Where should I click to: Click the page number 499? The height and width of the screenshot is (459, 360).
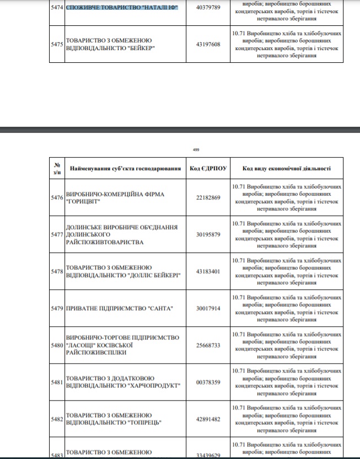(x=196, y=149)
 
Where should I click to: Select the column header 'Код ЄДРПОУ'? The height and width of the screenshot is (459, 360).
(x=208, y=168)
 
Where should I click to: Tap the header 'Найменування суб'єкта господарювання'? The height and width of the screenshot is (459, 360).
(x=125, y=168)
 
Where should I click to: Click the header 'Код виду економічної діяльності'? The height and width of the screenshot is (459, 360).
(x=287, y=168)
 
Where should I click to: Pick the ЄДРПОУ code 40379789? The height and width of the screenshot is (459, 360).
(x=208, y=8)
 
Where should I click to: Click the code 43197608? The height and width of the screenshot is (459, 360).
(x=208, y=44)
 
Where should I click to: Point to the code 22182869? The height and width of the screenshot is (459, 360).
(x=208, y=198)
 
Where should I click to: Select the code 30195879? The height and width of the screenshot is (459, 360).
(x=208, y=235)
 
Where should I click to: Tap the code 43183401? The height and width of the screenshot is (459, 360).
(x=208, y=271)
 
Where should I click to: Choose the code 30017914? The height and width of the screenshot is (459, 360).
(x=208, y=308)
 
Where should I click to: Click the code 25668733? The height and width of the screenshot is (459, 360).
(x=208, y=345)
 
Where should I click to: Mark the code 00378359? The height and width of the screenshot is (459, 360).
(x=208, y=382)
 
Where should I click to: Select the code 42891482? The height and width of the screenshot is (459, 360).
(x=208, y=419)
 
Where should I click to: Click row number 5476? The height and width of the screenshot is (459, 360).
(x=57, y=198)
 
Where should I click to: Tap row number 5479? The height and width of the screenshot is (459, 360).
(x=57, y=308)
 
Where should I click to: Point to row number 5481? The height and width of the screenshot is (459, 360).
(x=57, y=382)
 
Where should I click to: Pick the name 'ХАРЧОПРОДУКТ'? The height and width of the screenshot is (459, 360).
(x=154, y=386)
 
